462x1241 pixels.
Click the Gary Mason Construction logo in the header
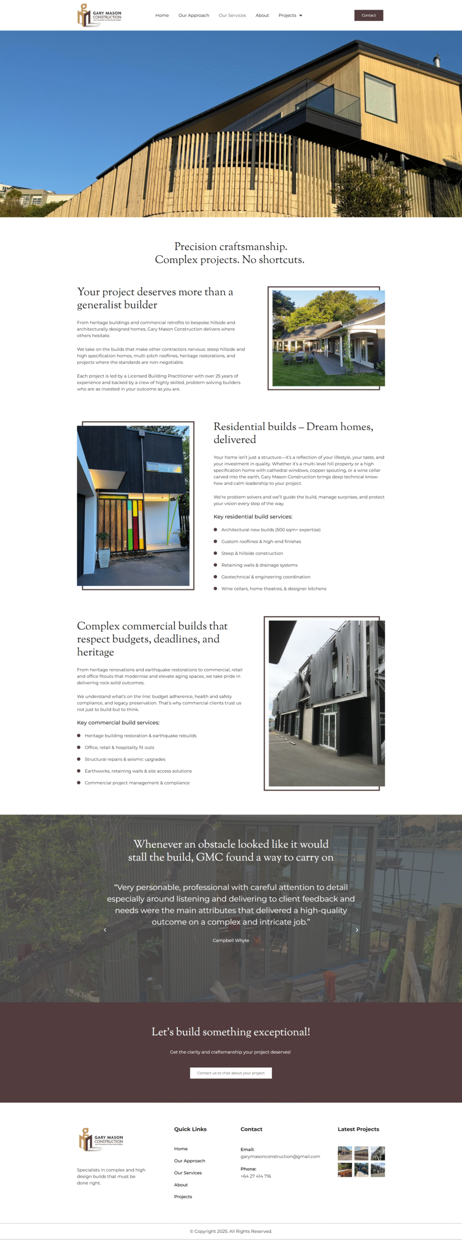pyautogui.click(x=99, y=15)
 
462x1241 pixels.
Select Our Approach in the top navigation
pyautogui.click(x=193, y=16)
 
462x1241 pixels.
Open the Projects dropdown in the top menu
pyautogui.click(x=290, y=16)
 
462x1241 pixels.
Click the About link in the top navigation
pyautogui.click(x=262, y=16)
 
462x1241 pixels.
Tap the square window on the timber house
pyautogui.click(x=380, y=95)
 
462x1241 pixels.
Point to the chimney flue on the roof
pyautogui.click(x=436, y=61)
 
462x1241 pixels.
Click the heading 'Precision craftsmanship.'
pyautogui.click(x=230, y=247)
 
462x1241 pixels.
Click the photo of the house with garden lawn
pyautogui.click(x=328, y=338)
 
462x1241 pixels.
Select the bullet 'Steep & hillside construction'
pyautogui.click(x=252, y=553)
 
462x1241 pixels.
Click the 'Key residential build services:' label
pyautogui.click(x=253, y=517)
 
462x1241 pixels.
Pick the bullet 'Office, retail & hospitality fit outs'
pyautogui.click(x=119, y=748)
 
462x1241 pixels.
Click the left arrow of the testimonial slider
pyautogui.click(x=105, y=930)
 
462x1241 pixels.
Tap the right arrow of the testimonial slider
pyautogui.click(x=357, y=930)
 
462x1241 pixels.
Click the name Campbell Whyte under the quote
pyautogui.click(x=231, y=940)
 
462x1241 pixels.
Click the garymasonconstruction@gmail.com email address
pyautogui.click(x=280, y=1156)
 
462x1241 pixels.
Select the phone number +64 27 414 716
pyautogui.click(x=255, y=1176)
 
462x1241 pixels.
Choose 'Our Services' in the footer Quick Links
pyautogui.click(x=188, y=1173)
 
